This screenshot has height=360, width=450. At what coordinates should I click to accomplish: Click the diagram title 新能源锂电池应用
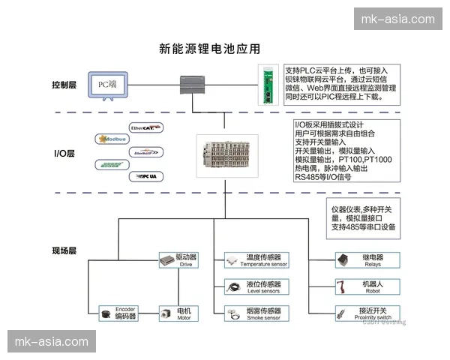click(209, 50)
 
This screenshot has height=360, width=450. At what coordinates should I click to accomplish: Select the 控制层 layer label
click(64, 85)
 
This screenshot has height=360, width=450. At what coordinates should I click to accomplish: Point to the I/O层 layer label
click(64, 154)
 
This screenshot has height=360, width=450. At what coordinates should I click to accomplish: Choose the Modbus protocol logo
click(112, 139)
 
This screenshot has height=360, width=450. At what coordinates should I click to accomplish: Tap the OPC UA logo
click(144, 176)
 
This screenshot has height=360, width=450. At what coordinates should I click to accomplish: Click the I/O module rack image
click(223, 155)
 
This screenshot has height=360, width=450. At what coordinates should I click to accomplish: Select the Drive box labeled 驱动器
click(178, 260)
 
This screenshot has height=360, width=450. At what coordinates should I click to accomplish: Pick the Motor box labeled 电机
click(178, 313)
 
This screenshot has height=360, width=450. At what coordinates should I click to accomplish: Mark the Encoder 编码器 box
click(119, 313)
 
